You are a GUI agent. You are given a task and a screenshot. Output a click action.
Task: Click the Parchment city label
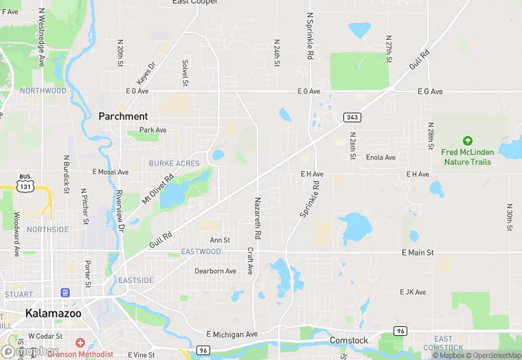[x=123, y=116]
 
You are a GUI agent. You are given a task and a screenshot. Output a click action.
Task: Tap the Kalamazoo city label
[x=53, y=313]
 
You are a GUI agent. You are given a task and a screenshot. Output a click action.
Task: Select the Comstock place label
[x=348, y=340]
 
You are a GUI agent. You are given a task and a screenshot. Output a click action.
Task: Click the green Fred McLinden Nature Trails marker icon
[x=467, y=141]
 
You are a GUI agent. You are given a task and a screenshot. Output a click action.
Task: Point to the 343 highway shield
[x=352, y=117]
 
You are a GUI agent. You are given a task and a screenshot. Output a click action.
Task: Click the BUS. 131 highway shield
[x=25, y=181]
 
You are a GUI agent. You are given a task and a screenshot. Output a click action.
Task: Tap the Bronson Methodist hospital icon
[x=80, y=342]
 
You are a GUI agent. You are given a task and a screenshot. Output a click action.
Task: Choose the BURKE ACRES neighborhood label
[x=174, y=164]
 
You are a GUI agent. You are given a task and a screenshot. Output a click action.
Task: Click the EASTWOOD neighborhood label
[x=201, y=251]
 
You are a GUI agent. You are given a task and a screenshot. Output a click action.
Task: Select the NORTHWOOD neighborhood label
[x=43, y=91]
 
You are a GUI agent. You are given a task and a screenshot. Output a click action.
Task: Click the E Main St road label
[x=418, y=253]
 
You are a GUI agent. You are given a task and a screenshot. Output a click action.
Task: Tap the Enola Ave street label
[x=381, y=157]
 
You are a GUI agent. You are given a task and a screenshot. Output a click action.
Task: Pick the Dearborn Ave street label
[x=215, y=271]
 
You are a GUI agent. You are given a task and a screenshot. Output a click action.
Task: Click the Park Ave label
[x=152, y=130]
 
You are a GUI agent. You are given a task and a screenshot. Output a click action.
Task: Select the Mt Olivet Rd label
[x=157, y=188]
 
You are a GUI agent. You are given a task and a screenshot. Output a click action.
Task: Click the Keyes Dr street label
[x=146, y=74]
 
